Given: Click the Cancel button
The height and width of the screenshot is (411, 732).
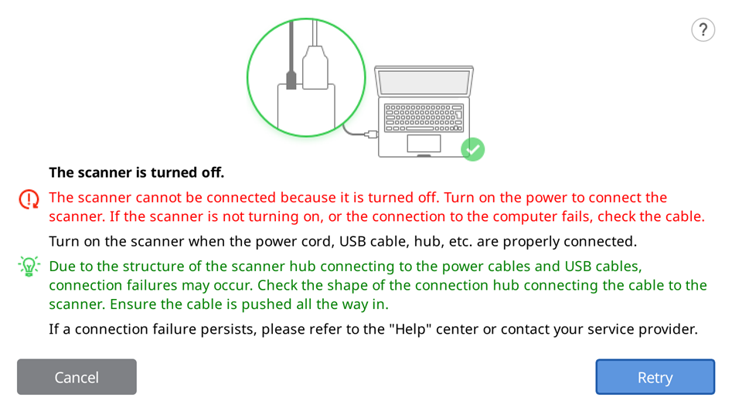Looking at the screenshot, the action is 77,377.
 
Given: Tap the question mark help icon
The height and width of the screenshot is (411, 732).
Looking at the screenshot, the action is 703,30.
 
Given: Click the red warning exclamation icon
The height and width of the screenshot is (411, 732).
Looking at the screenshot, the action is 29,199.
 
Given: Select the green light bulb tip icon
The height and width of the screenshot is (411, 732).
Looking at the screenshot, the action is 29,267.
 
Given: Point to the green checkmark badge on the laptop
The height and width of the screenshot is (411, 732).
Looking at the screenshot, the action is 473,149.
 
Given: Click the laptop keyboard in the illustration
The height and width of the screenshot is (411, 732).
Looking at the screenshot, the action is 424,117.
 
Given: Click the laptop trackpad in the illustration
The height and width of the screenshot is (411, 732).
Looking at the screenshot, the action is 424,143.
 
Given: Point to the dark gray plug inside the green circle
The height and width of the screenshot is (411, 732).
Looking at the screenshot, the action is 291,80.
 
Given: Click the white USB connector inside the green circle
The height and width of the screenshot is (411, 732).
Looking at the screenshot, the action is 315,67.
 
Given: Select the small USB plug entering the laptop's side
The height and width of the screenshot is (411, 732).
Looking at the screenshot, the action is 371,134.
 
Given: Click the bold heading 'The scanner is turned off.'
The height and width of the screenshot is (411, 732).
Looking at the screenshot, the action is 137,172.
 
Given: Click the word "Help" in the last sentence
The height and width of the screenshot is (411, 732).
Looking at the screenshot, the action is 410,329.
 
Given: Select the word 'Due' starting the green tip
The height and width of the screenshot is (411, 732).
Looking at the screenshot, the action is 62,267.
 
